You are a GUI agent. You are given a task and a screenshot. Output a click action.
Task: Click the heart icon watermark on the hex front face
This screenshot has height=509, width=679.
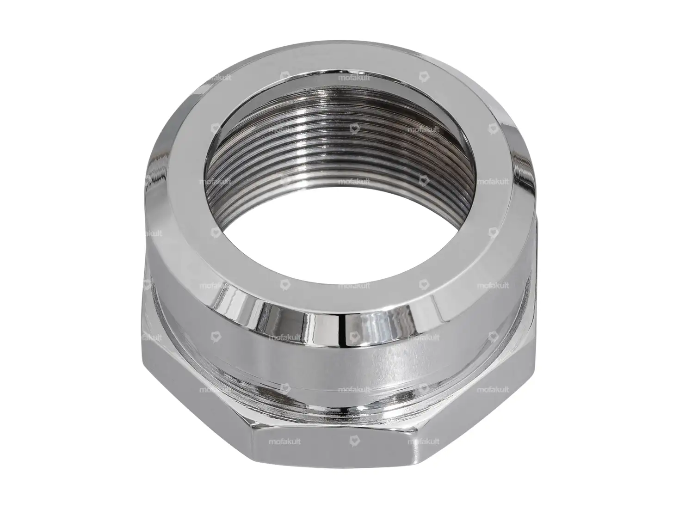(354, 442)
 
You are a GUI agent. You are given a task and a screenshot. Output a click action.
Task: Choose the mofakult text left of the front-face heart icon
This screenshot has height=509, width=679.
(285, 442)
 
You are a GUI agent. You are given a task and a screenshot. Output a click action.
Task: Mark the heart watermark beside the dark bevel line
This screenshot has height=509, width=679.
(354, 336)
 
